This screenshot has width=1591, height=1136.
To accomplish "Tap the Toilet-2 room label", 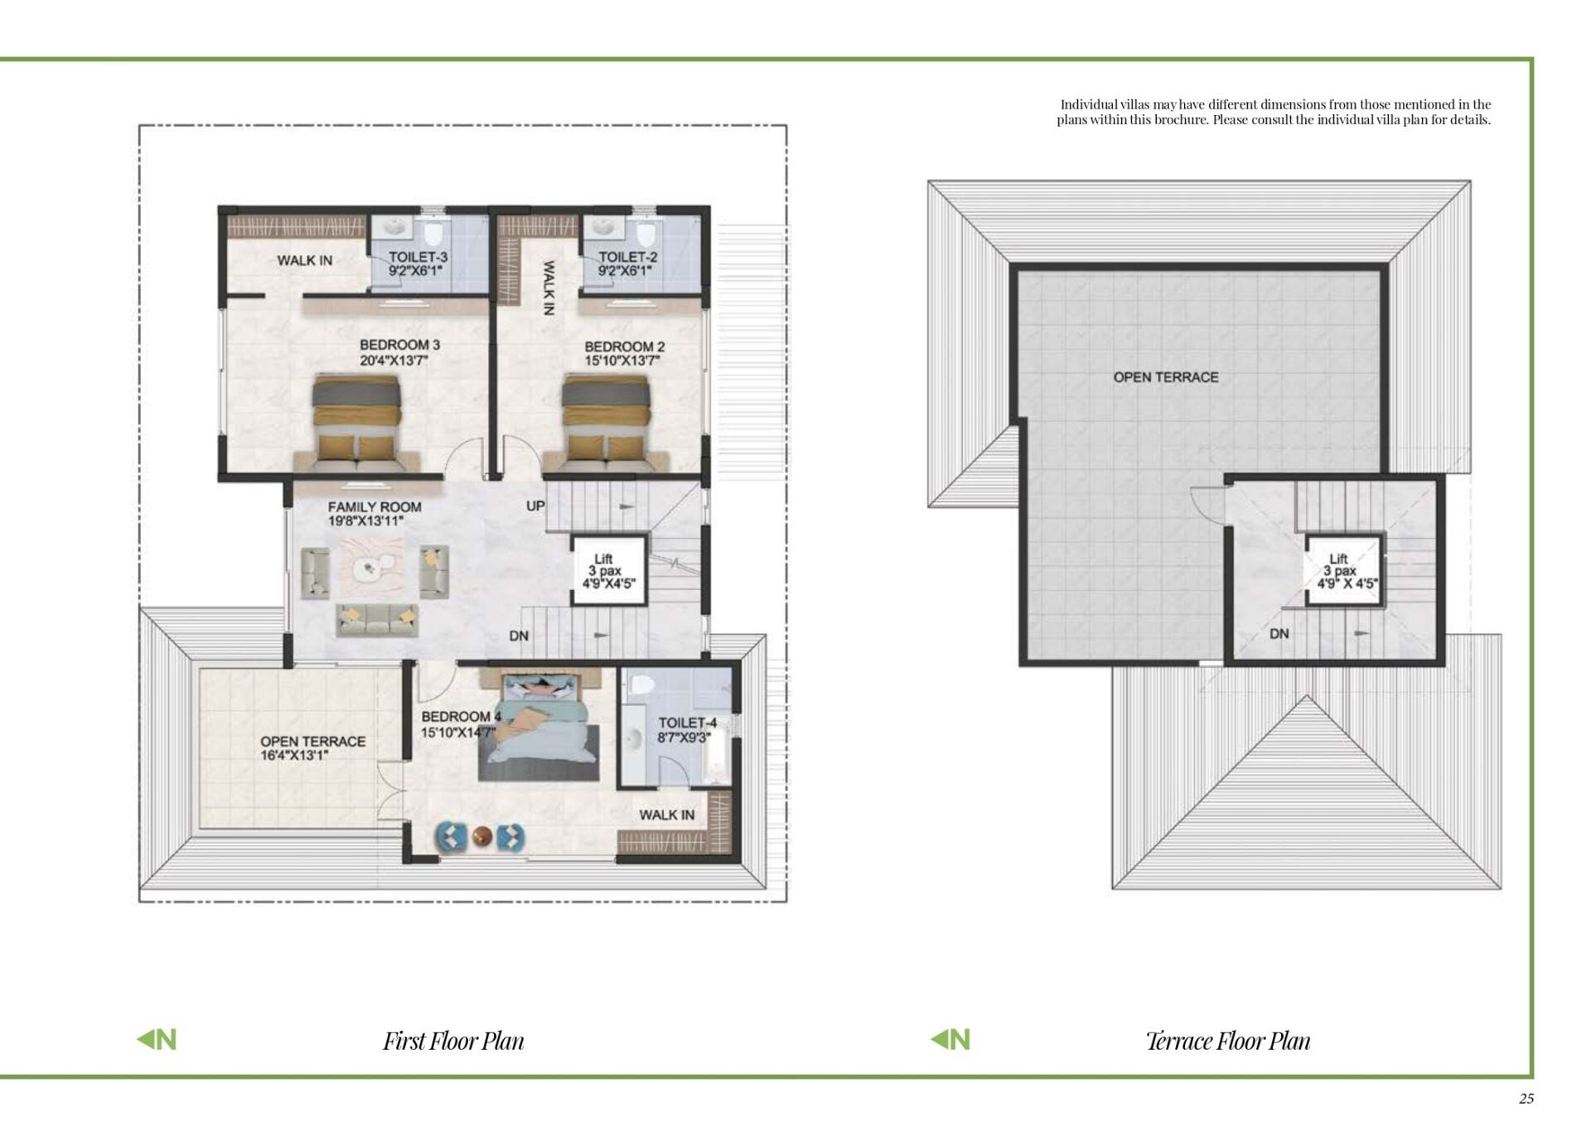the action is [x=627, y=257].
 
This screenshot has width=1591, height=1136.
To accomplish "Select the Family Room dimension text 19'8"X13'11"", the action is [x=365, y=521].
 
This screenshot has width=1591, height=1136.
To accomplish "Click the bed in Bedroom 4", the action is [x=539, y=726].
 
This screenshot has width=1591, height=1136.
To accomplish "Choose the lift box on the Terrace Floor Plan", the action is [x=1344, y=571].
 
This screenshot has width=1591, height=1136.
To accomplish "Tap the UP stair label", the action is [x=535, y=505].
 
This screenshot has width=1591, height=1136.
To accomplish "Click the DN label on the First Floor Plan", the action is [x=519, y=636].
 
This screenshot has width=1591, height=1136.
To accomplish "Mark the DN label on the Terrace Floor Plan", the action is [x=1279, y=634].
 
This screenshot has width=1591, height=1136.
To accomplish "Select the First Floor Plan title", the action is [x=453, y=1041].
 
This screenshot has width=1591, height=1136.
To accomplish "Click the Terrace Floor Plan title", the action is [x=1228, y=1041].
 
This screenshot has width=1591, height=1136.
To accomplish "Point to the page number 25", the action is [x=1526, y=1099].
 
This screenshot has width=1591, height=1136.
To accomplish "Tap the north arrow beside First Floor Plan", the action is [x=157, y=1039].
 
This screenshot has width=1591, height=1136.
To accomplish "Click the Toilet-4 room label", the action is [x=688, y=723].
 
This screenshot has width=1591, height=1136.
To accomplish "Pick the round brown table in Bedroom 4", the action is [x=482, y=837].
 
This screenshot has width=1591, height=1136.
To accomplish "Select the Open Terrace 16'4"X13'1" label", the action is [x=312, y=748].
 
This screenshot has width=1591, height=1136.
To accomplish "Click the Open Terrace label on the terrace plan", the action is [x=1166, y=377].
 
